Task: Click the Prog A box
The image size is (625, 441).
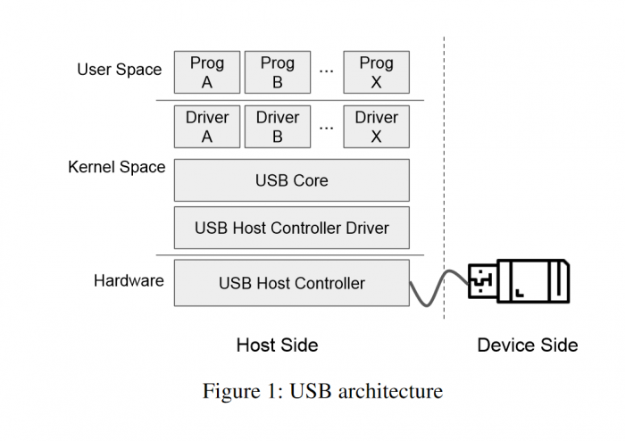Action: tap(207, 72)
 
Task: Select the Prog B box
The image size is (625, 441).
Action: tap(277, 72)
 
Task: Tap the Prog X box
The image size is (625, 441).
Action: tap(376, 72)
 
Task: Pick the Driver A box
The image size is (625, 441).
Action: tap(207, 127)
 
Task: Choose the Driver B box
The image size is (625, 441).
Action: tap(277, 127)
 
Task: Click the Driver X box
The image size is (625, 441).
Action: tap(376, 127)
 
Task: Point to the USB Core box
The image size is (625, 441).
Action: tap(291, 180)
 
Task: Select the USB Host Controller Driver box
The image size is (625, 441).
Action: tap(291, 228)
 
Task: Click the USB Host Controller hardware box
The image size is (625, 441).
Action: tap(291, 283)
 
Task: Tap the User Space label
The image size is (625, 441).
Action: tap(120, 70)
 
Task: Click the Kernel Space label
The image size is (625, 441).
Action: tap(117, 167)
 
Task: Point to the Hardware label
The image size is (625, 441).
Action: tap(129, 280)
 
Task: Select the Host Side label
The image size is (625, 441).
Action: tap(277, 345)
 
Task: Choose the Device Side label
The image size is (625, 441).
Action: tap(528, 345)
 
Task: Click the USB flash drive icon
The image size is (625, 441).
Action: tap(520, 280)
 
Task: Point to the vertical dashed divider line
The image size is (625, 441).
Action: tap(445, 179)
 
